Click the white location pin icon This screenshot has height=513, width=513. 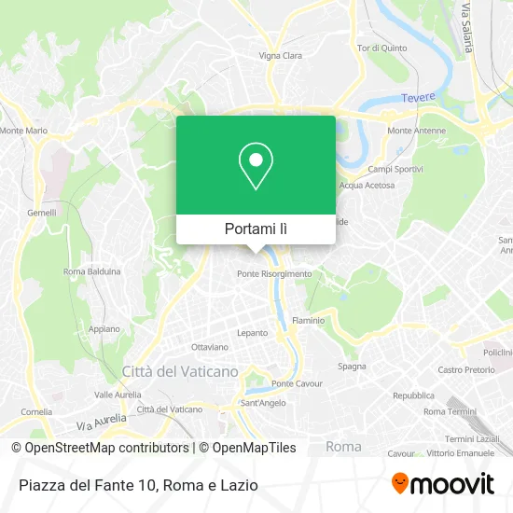[256, 165]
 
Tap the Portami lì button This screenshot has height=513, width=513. [256, 229]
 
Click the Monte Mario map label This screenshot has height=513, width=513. [24, 131]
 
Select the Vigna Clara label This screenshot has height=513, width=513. [281, 56]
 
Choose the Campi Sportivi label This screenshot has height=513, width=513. [395, 169]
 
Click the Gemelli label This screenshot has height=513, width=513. [41, 213]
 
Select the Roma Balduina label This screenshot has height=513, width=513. [92, 271]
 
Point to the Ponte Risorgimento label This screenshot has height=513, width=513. [274, 273]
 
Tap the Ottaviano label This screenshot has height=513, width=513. [209, 347]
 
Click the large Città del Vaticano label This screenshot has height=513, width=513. [180, 371]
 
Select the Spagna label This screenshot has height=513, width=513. [352, 366]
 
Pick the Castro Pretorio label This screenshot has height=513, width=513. [465, 370]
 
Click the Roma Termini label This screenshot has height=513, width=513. [450, 411]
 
